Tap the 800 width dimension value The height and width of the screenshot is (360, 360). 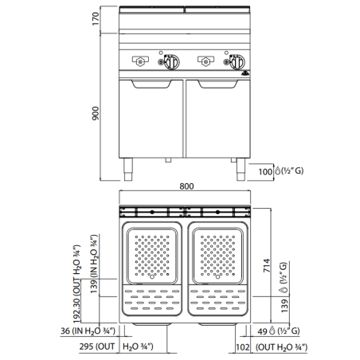pos(186,187)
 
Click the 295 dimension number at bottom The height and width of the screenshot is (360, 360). pos(87,347)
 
